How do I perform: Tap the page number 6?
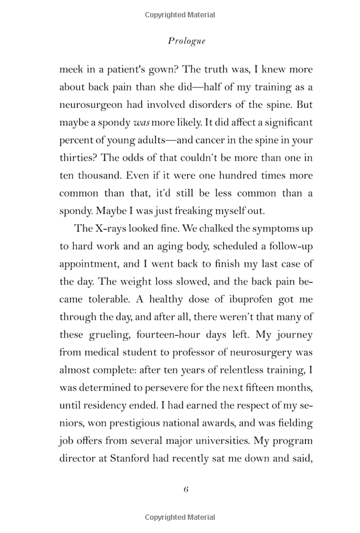[186, 489]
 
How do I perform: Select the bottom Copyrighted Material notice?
[180, 517]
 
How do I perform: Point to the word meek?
[72, 70]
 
